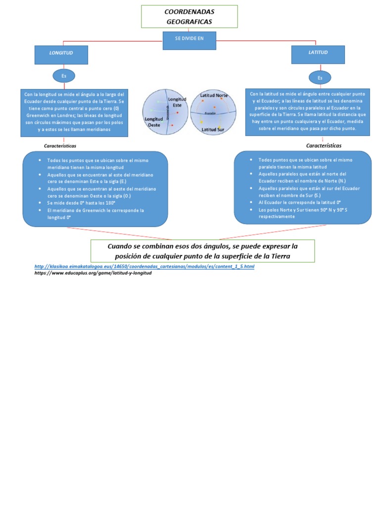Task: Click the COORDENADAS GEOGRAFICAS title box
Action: pos(189,16)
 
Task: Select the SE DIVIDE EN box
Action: pos(189,40)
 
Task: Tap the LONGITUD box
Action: pos(61,54)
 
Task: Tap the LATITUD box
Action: pos(318,54)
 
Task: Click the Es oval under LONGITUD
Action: pos(63,76)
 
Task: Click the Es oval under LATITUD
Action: pos(320,78)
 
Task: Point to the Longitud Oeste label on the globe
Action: pos(153,122)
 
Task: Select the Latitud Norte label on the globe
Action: pos(214,95)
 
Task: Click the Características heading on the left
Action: pos(60,146)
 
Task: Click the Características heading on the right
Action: pos(324,146)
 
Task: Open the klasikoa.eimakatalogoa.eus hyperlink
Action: pos(144,266)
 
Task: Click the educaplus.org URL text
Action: pos(93,273)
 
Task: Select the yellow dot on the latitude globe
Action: pos(201,122)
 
